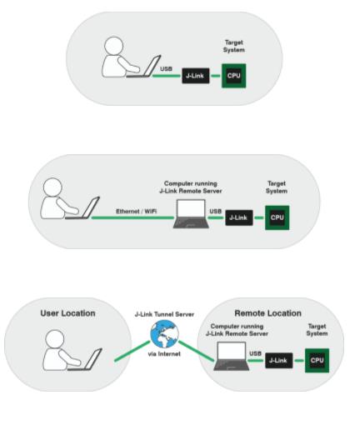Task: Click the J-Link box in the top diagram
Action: coord(196,76)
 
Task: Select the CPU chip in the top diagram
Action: coord(233,76)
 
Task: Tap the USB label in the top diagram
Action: coord(166,68)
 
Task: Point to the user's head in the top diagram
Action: coord(113,46)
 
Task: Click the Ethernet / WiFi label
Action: coord(136,212)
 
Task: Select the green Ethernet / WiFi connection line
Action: coord(132,217)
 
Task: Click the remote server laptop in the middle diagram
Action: coord(191,214)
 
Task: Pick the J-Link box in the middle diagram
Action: coord(239,217)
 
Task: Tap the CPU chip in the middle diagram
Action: coord(277,217)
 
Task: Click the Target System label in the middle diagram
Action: coord(277,187)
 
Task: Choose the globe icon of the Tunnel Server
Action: coord(164,334)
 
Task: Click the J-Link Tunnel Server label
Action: coord(164,314)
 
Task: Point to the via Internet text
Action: coord(164,354)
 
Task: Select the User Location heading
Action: coord(67,313)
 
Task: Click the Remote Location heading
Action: coord(267,313)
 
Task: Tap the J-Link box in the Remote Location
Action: coord(279,361)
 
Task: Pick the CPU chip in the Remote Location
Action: coord(317,361)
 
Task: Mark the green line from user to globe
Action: coord(132,352)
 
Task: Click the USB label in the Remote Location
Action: coord(255,353)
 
